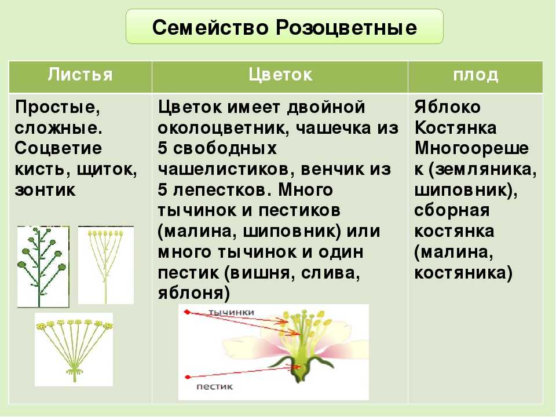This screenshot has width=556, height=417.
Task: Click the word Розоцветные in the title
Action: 346,28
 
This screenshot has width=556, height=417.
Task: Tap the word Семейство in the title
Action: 210,28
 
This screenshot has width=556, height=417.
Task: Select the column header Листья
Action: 80,75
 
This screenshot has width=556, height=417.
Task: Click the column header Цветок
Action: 280,75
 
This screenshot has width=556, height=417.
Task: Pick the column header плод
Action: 475,75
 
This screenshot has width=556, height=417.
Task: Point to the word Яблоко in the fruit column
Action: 448,107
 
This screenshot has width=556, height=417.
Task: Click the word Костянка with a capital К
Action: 455,127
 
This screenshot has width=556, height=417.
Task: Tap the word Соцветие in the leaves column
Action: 58,148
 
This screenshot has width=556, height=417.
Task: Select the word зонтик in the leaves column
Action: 45,190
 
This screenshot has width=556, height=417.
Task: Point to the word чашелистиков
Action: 226,170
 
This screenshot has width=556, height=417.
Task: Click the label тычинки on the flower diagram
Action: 231,312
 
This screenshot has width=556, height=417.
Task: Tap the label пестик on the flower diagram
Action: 214,387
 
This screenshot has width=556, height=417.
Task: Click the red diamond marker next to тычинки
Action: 187,312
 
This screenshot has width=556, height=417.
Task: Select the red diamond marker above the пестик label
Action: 188,377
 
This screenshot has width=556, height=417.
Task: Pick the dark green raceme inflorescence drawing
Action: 42,266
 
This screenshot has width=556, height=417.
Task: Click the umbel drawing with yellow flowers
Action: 74,349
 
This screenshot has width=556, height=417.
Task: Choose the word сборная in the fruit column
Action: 452,211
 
